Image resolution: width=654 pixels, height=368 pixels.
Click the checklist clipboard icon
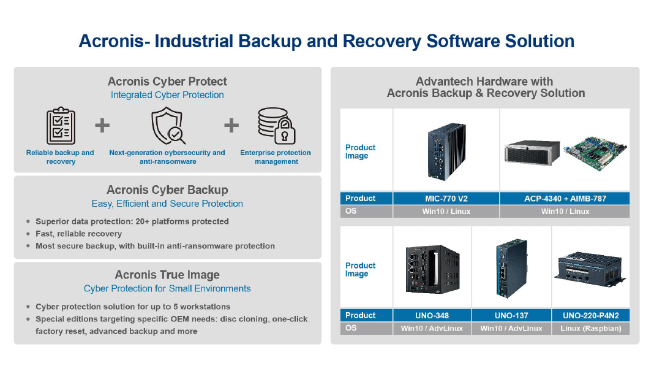[61, 126]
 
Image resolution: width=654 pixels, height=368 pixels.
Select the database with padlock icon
[276, 126]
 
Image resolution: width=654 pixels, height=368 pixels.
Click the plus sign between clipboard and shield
[102, 126]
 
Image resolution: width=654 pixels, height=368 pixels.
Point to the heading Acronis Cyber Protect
[167, 82]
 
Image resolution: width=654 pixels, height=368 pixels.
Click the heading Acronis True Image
[167, 275]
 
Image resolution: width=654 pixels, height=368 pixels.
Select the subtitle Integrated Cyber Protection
[167, 95]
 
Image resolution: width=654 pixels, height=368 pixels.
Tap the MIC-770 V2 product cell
[446, 199]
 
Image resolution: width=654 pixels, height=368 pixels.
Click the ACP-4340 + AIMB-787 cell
[564, 199]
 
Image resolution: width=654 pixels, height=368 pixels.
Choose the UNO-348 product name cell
[432, 315]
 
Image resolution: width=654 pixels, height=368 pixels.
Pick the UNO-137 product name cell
[511, 315]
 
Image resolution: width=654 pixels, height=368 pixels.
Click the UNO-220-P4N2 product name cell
[590, 315]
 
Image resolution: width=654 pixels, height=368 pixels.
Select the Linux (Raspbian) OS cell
[590, 328]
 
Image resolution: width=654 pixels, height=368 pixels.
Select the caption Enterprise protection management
[276, 157]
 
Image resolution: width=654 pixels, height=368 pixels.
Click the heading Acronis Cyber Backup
[167, 190]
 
